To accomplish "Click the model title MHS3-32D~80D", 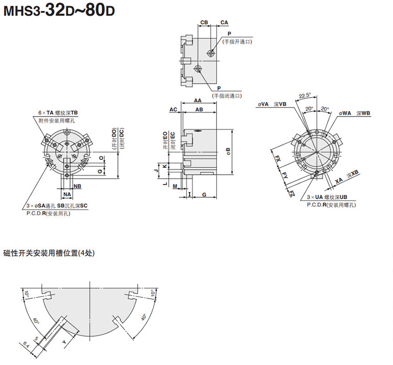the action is point(59,10).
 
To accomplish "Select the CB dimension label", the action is point(204,22).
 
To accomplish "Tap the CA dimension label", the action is point(224,22).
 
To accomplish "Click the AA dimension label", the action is point(198,101).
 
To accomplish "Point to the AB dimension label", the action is point(199,110).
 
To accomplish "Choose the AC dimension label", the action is point(173,110).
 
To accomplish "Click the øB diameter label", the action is point(228,151).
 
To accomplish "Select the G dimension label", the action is point(204,194).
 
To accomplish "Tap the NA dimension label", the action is point(67,194).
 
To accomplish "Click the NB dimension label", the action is point(78,186).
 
